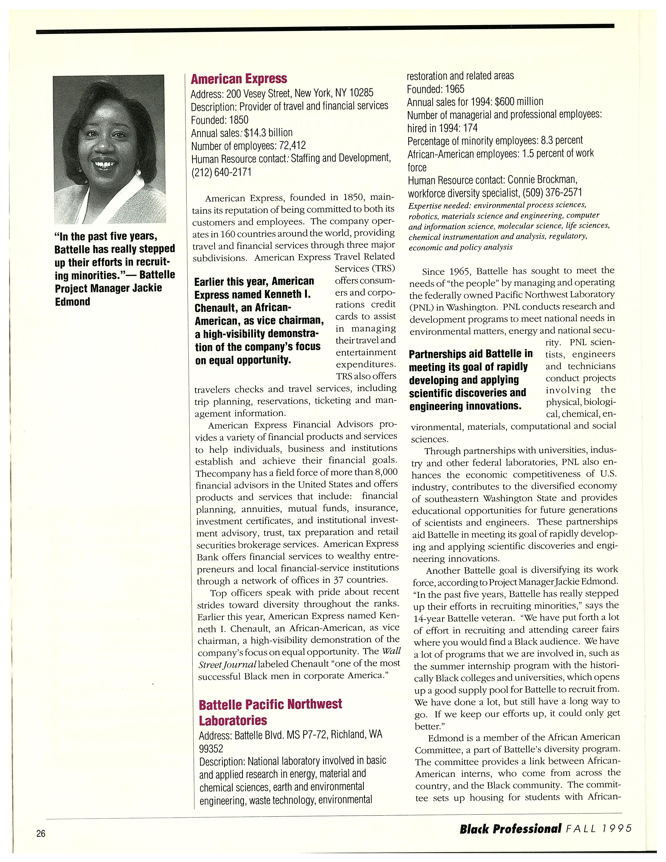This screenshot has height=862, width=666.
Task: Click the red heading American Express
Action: [x=239, y=79]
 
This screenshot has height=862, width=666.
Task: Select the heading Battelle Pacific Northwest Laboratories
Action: [x=270, y=712]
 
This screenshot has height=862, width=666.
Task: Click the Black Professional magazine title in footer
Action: [x=510, y=828]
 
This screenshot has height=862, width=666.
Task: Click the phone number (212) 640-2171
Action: [x=221, y=172]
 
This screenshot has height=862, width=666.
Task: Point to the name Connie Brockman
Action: [x=542, y=180]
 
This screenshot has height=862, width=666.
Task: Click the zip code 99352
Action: [x=211, y=748]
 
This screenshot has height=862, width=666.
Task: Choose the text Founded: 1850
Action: [x=219, y=120]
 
